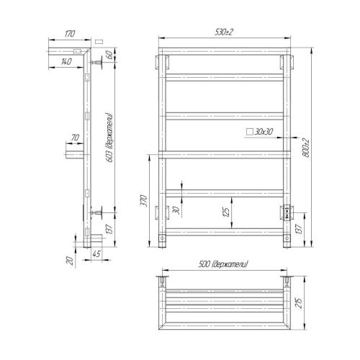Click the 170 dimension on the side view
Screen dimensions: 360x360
click(69, 33)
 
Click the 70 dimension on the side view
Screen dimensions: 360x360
click(75, 138)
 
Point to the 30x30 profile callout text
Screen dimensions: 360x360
click(264, 132)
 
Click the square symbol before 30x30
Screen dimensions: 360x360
click(249, 132)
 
